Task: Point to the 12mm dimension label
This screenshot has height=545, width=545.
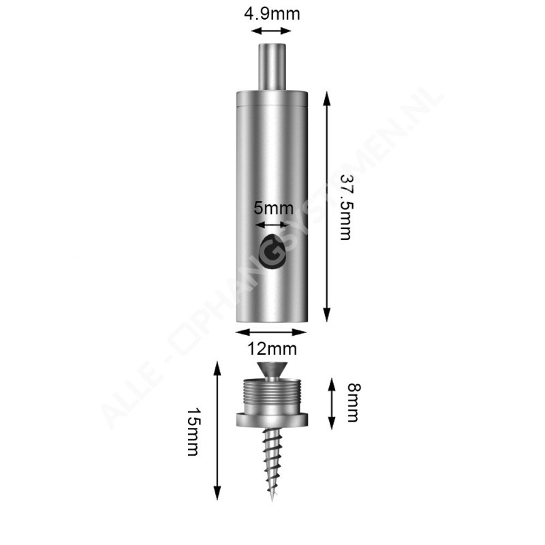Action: pyautogui.click(x=272, y=349)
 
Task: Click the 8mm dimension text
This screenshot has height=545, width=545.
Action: pyautogui.click(x=352, y=403)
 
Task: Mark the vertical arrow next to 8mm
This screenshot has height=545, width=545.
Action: pyautogui.click(x=331, y=403)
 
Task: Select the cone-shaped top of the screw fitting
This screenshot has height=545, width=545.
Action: pyautogui.click(x=272, y=371)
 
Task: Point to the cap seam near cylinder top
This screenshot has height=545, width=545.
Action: pyautogui.click(x=272, y=107)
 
